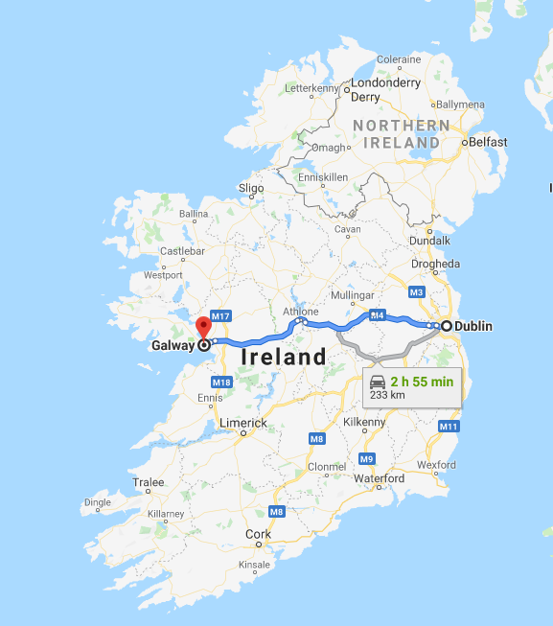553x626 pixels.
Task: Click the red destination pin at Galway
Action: point(202,327)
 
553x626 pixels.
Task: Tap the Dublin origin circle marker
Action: point(447,326)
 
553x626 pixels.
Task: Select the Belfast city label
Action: point(489,142)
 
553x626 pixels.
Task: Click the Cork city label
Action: point(258,534)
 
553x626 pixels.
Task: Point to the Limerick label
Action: point(243,423)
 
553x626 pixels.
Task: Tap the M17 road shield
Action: point(221,316)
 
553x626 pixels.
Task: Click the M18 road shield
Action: point(221,383)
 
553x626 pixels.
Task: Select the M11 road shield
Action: point(449,426)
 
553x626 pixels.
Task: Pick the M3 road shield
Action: point(416,291)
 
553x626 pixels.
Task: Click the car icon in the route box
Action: point(379,381)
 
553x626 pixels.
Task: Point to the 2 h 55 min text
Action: point(422,381)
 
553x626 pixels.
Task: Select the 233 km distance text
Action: point(387,394)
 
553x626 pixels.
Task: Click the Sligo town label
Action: point(250,189)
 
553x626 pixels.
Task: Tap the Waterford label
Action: point(379,478)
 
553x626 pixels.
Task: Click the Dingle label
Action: point(97,501)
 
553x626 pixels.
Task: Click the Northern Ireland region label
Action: point(402,134)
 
